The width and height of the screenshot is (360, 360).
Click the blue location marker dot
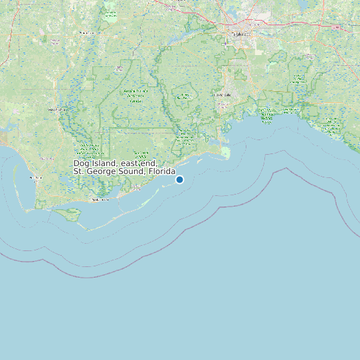coord(179,179)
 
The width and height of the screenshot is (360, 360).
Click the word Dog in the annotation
coord(81,163)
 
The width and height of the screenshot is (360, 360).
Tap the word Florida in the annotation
coord(161,171)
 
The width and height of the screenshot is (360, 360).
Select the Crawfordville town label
coord(222,95)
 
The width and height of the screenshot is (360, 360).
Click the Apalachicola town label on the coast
coord(101,199)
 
